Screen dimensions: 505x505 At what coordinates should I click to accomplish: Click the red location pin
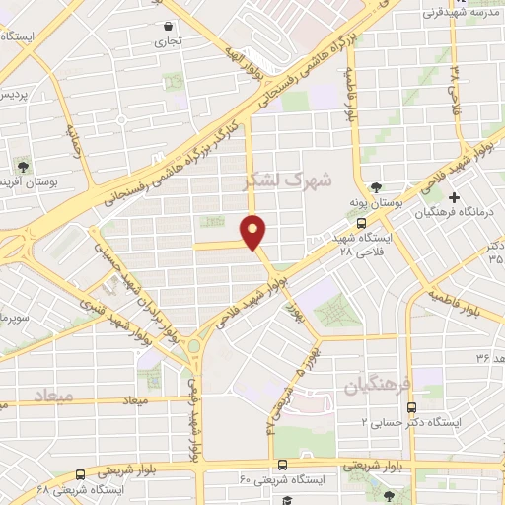pyautogui.click(x=254, y=230)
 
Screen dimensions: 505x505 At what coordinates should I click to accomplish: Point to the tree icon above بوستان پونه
pyautogui.click(x=375, y=187)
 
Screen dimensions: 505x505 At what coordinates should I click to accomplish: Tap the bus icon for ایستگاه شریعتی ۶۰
pyautogui.click(x=283, y=465)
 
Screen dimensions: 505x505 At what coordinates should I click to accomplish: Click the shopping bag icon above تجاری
pyautogui.click(x=168, y=27)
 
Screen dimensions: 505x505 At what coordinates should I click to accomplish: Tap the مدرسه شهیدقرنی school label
pyautogui.click(x=463, y=13)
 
